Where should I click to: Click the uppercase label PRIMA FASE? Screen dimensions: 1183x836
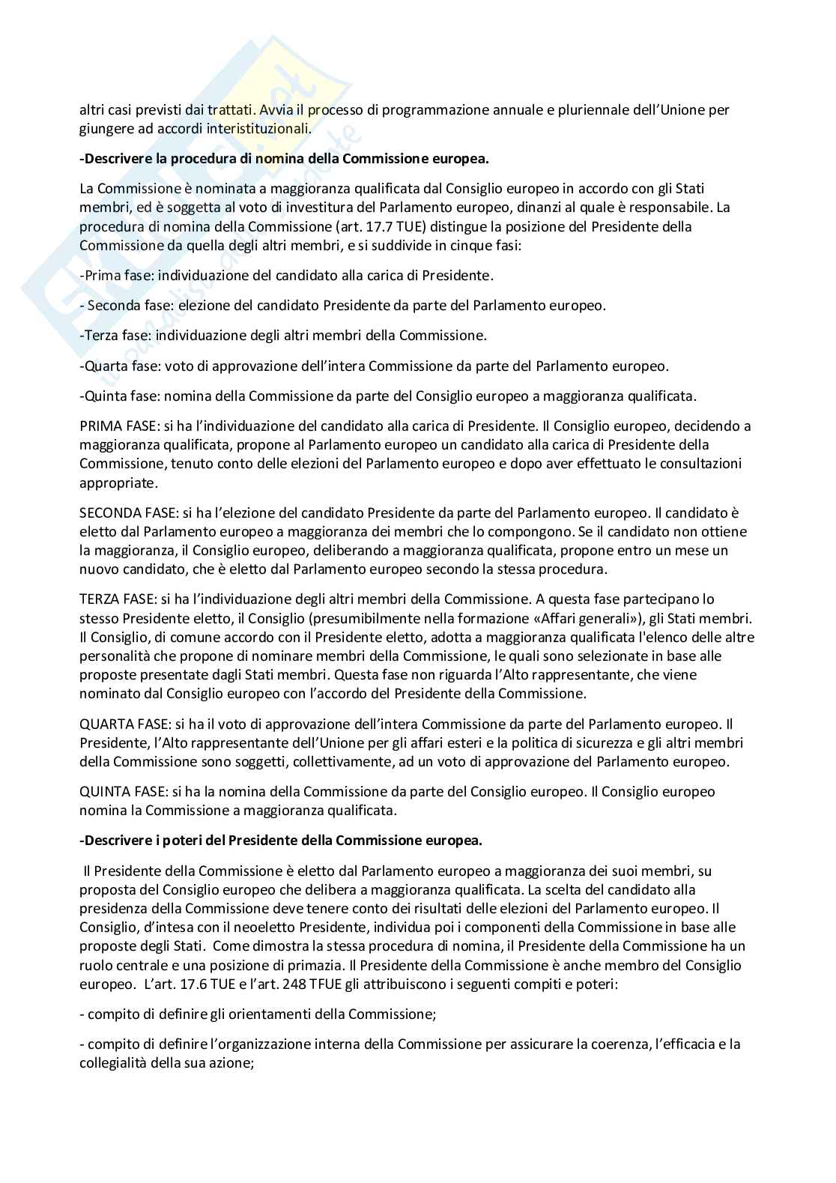(x=112, y=426)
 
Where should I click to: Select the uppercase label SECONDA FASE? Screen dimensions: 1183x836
(x=123, y=513)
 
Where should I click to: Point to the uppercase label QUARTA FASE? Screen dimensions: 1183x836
(x=118, y=724)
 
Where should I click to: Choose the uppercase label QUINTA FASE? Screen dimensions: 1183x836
(x=116, y=792)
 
